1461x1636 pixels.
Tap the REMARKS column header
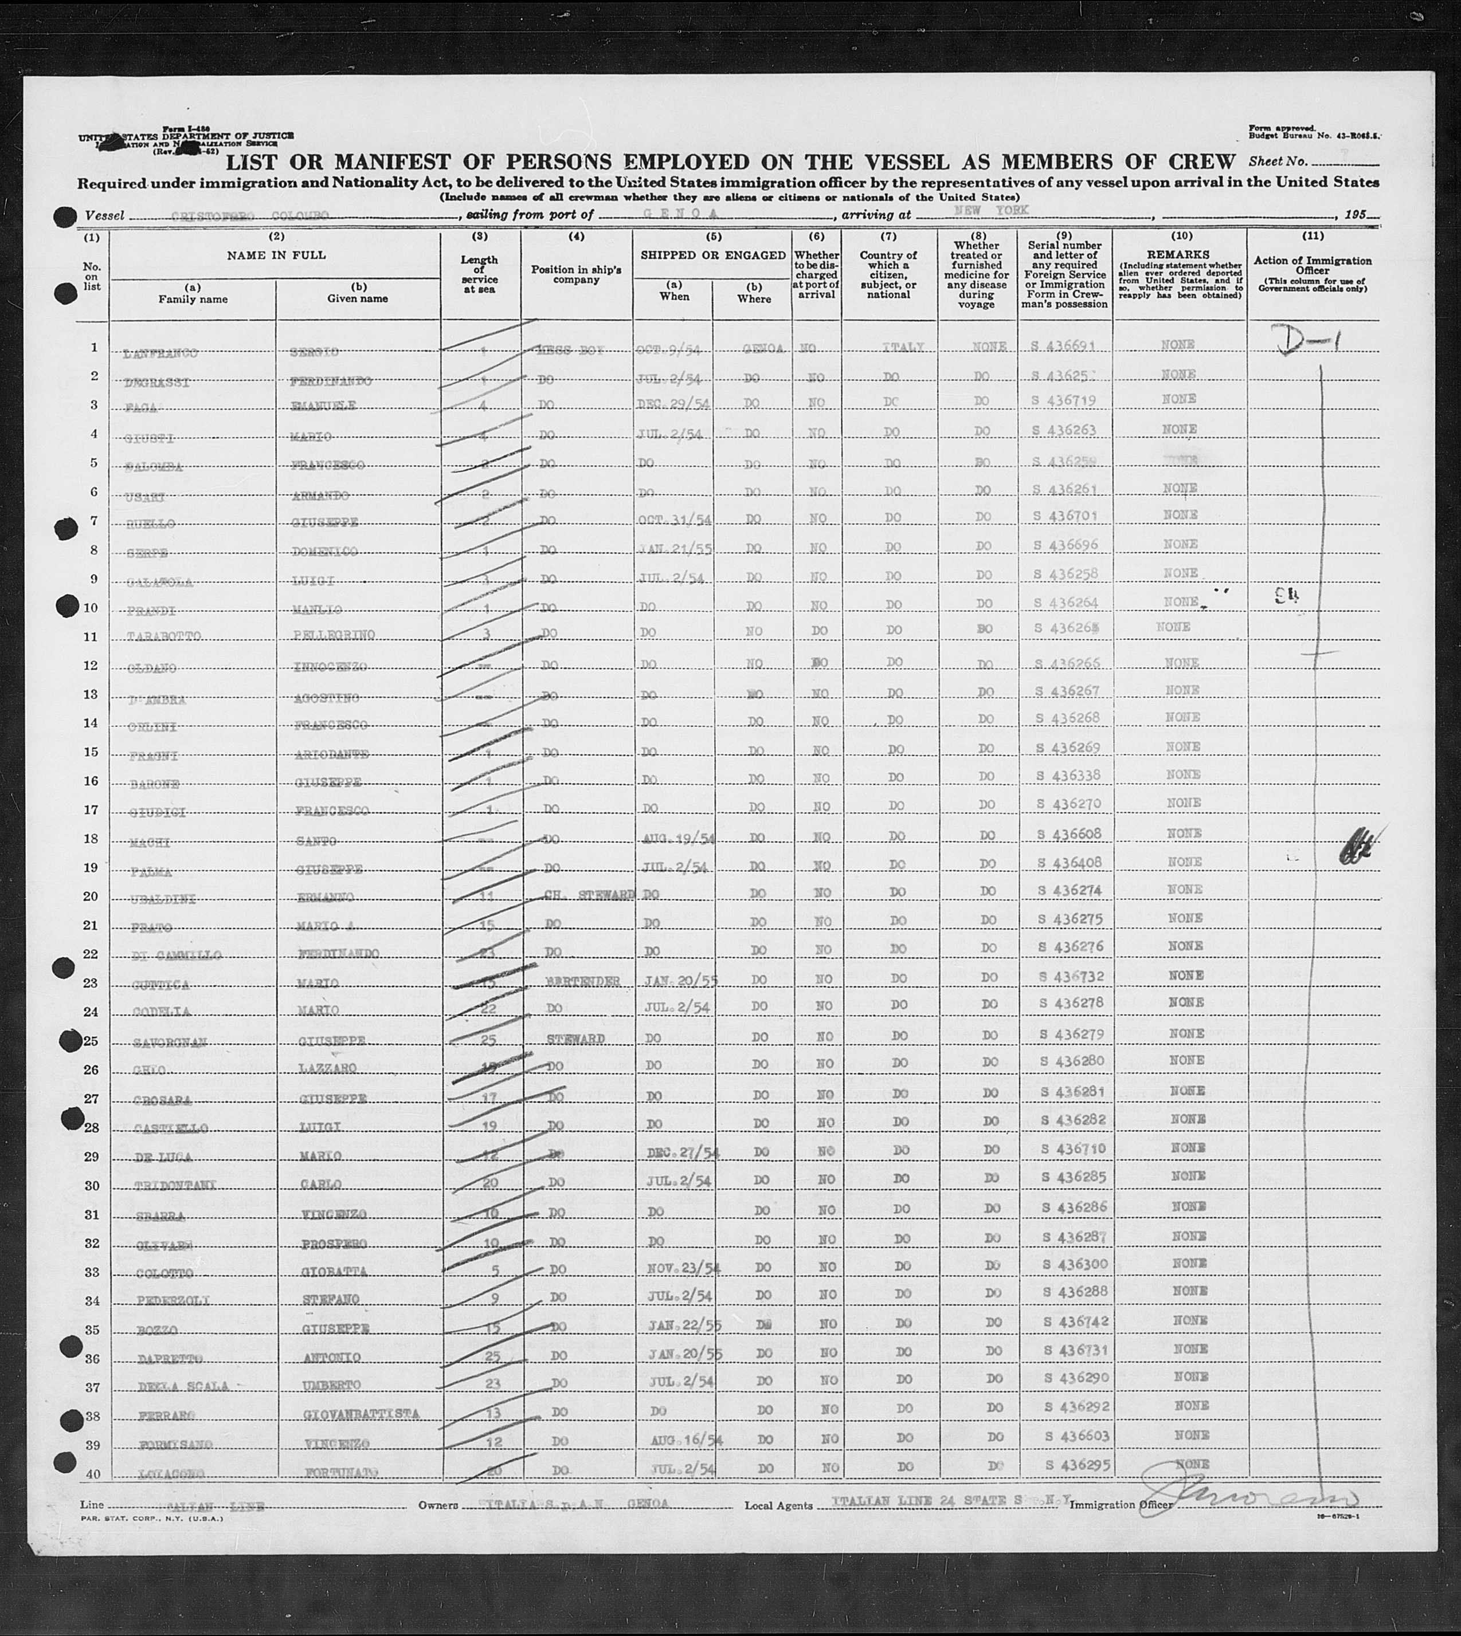pos(1181,254)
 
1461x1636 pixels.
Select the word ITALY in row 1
pos(903,347)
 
